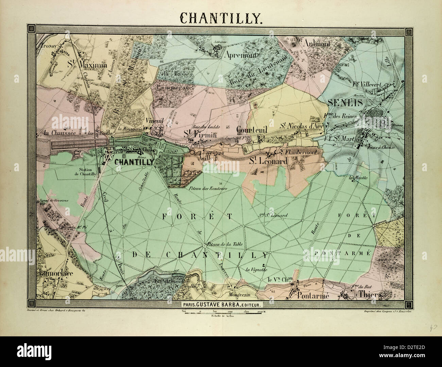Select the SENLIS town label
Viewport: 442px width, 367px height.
[x=341, y=102]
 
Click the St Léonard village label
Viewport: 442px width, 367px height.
[x=269, y=161]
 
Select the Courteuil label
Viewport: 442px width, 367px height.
[x=252, y=130]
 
